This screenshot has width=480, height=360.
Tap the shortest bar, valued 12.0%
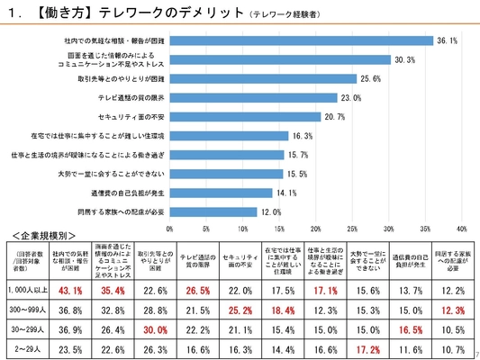click(214, 212)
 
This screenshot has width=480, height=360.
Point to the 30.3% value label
click(404, 60)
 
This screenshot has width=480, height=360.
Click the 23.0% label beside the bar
click(351, 98)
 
